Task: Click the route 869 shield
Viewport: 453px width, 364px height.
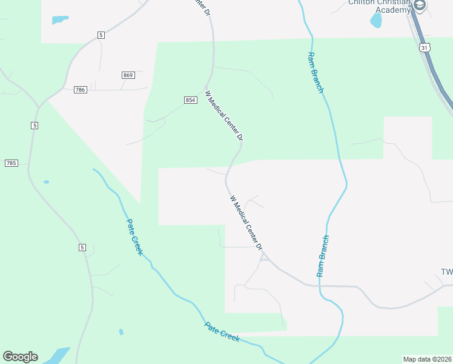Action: [x=128, y=75]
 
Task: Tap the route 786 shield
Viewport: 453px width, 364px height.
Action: [x=81, y=90]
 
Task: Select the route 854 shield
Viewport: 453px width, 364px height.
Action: [x=190, y=99]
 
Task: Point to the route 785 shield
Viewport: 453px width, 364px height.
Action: [x=11, y=163]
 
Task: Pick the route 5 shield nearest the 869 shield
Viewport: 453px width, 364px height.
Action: [x=101, y=35]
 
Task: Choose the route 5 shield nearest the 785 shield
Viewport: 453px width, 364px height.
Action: [x=35, y=125]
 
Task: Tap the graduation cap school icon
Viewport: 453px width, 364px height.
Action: [x=420, y=5]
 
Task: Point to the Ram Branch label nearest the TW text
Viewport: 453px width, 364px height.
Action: [x=322, y=256]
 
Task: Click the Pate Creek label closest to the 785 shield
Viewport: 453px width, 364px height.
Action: [x=134, y=237]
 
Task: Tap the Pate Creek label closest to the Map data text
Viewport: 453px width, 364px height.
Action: [x=222, y=332]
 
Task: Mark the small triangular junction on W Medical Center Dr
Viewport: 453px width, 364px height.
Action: [x=263, y=258]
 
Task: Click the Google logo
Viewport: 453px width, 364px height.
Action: [x=20, y=357]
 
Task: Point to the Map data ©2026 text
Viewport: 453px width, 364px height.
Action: [x=427, y=359]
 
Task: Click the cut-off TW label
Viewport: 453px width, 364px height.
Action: [x=446, y=271]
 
